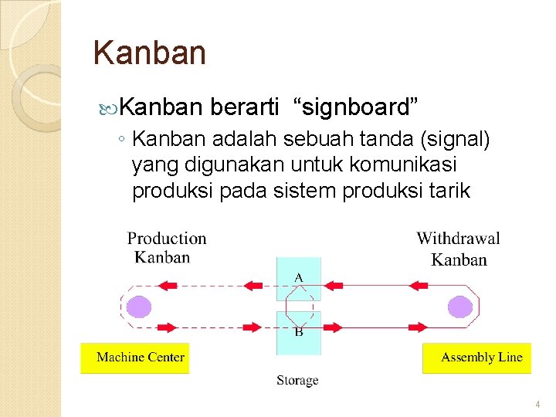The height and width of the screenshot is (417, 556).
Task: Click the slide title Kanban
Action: [x=149, y=53]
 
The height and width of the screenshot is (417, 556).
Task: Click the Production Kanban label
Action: [x=166, y=247]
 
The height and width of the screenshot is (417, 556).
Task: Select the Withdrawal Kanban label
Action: [x=458, y=248]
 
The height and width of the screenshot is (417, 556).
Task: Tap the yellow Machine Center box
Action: [x=135, y=358]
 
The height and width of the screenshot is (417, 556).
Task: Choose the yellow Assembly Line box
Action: [x=477, y=358]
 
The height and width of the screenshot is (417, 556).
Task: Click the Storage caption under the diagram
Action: [x=297, y=380]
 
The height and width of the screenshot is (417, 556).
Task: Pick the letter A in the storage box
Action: [x=299, y=276]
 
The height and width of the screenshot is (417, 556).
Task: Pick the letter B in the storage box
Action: [x=298, y=332]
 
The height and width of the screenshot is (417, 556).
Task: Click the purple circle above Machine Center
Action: [x=139, y=307]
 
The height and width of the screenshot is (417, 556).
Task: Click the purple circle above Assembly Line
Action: [x=460, y=307]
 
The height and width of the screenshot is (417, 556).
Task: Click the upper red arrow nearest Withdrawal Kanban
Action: [x=418, y=285]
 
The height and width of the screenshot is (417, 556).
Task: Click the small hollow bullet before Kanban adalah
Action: [x=123, y=141]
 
